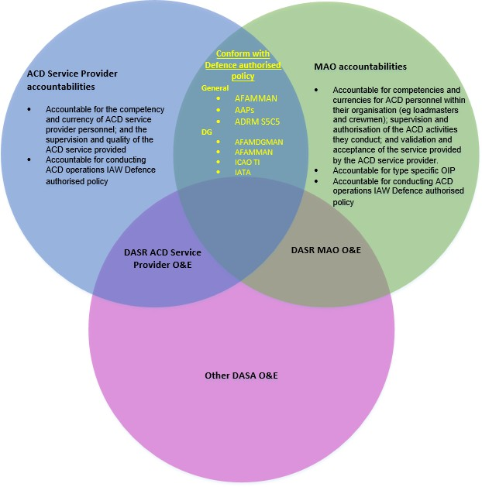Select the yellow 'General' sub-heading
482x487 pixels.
(x=215, y=88)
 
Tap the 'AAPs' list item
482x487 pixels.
(x=245, y=110)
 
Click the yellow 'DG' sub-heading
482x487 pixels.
(x=206, y=132)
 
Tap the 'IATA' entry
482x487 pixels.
(x=243, y=174)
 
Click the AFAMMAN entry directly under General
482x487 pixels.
(x=255, y=99)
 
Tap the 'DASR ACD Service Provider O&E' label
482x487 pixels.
(x=163, y=259)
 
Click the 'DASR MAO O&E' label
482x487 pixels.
(x=325, y=250)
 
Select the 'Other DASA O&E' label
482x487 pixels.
(x=241, y=376)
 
